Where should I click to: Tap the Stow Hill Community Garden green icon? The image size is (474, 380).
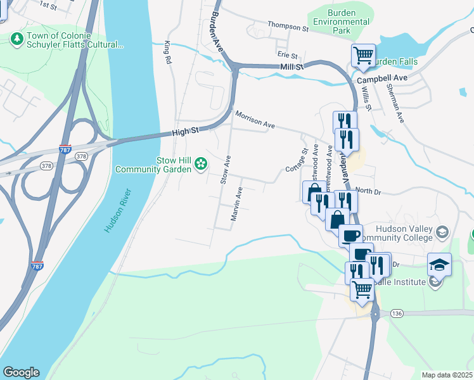point(201,164)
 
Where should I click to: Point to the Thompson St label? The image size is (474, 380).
point(287,27)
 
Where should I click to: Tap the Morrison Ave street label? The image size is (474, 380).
point(254,120)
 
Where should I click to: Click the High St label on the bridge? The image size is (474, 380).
point(186,132)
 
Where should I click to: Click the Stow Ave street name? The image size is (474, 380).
point(225,170)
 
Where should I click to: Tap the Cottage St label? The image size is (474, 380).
point(296,161)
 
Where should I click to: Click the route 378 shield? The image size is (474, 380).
point(80,156)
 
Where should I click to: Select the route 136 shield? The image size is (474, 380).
point(397,313)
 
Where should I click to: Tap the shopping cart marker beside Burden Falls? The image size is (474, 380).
point(363,55)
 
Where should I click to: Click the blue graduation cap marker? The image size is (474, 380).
point(439,264)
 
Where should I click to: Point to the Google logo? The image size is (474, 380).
point(21,372)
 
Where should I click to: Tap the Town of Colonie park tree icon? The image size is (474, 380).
point(16,39)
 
